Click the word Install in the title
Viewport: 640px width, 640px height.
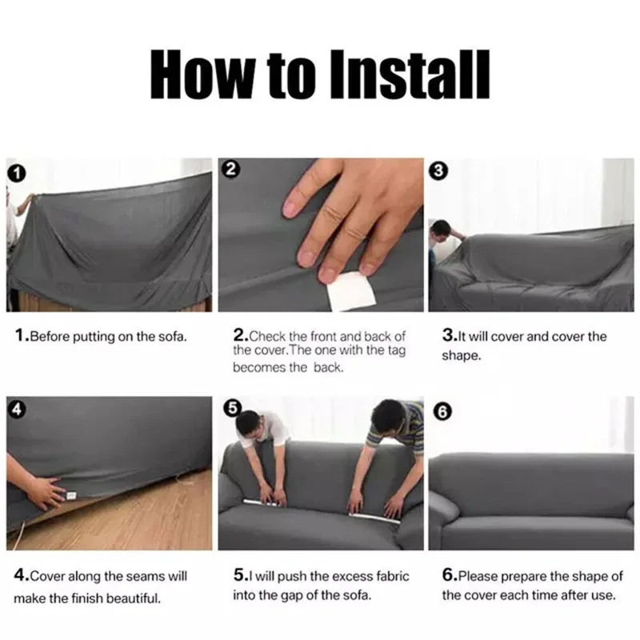tap(410, 74)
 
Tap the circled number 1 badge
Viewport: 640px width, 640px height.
tap(17, 173)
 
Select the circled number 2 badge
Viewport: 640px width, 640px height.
tap(230, 169)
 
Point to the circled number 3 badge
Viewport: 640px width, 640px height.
tap(438, 170)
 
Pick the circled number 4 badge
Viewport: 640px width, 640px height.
tap(16, 409)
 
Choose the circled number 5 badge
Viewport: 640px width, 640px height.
tap(233, 408)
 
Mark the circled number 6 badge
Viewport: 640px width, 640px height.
tap(443, 411)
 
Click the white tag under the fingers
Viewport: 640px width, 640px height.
tap(350, 290)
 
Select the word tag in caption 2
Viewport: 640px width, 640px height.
tap(396, 351)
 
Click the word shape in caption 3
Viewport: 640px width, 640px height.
tap(462, 356)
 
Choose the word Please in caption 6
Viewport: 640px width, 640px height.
tap(478, 576)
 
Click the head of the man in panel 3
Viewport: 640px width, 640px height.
tap(442, 229)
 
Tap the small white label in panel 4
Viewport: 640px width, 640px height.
tap(71, 495)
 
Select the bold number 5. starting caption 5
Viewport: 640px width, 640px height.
tap(241, 575)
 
